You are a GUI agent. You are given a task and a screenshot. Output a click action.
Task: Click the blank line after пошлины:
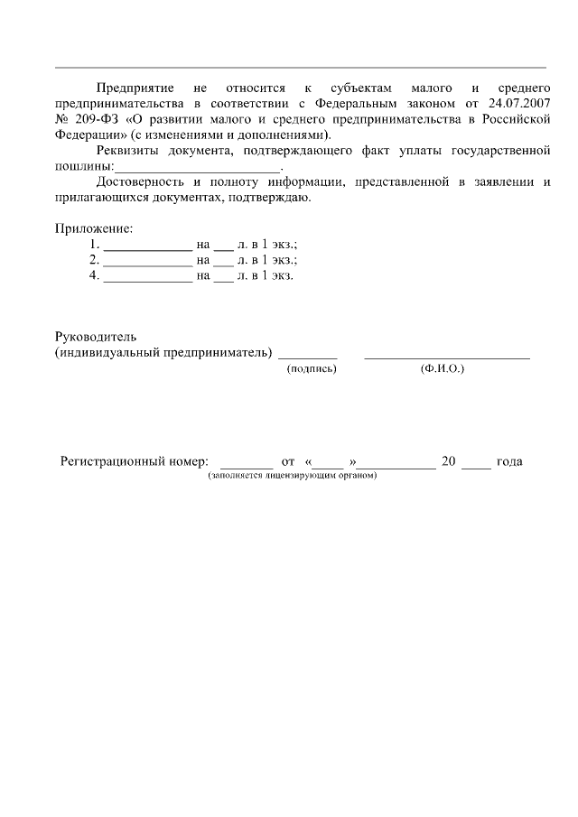pos(198,167)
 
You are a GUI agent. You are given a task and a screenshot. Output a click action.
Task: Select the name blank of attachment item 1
pos(148,245)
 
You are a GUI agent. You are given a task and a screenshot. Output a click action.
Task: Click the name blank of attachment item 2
pos(148,260)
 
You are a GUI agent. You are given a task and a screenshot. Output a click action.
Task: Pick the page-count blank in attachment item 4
pos(223,275)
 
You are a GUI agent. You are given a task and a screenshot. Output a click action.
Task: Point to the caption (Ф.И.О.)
pos(443,368)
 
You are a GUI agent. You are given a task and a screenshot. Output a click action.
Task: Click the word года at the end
pos(509,461)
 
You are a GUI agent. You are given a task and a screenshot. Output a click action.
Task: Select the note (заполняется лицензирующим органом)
pos(292,476)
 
